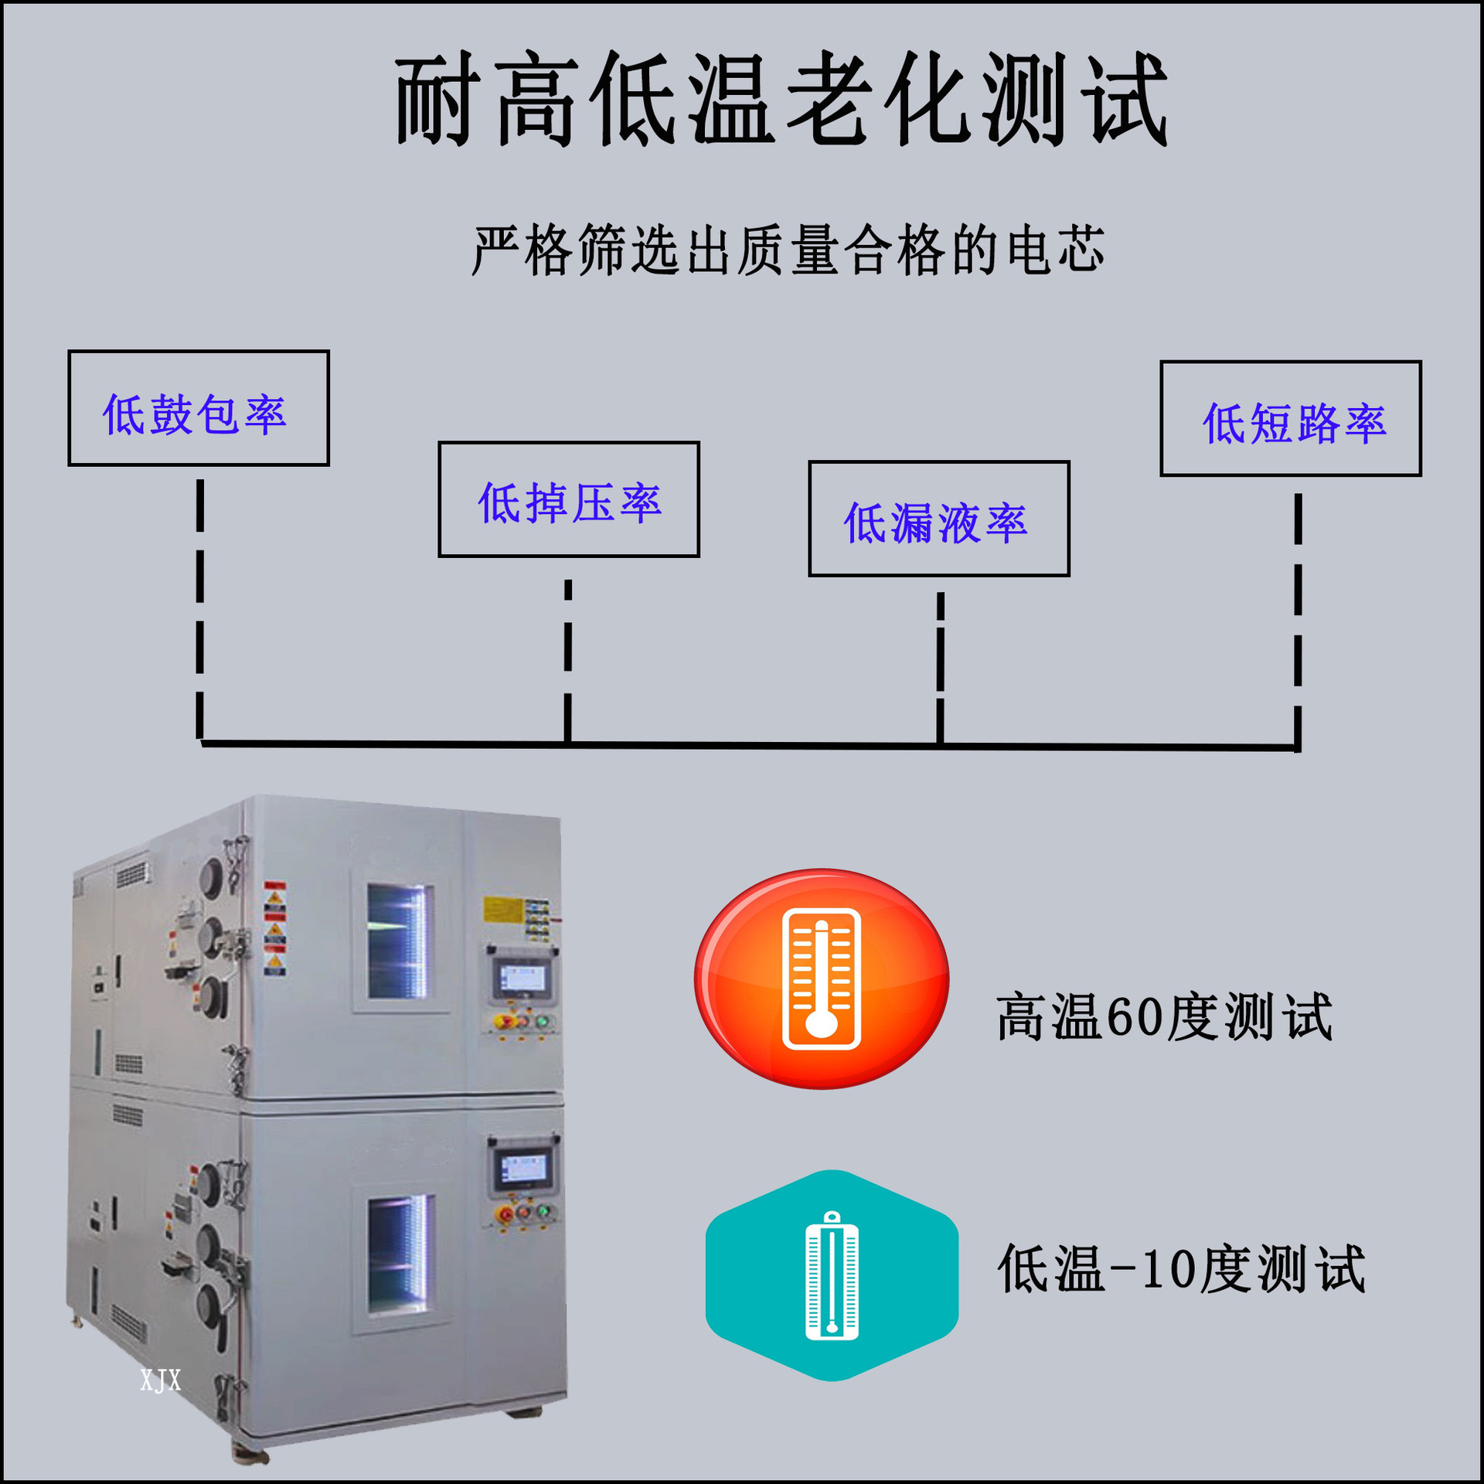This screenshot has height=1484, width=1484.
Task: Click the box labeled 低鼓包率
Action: click(x=199, y=408)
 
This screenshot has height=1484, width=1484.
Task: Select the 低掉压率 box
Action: click(x=569, y=499)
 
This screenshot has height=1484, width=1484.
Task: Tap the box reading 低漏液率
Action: click(x=939, y=519)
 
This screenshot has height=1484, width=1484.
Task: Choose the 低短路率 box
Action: click(x=1291, y=418)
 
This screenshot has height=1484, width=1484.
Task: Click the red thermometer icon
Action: click(x=822, y=979)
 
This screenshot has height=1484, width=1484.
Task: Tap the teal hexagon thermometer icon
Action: click(x=832, y=1275)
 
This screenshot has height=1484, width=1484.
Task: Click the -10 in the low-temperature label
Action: click(x=1152, y=1268)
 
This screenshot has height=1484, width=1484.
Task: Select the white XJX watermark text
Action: click(x=161, y=1380)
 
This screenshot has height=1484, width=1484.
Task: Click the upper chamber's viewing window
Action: click(x=398, y=941)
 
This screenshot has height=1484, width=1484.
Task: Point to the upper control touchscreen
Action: click(x=522, y=979)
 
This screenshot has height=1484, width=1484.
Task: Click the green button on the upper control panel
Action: click(x=544, y=1022)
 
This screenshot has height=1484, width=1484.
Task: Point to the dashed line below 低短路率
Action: click(x=1298, y=618)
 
